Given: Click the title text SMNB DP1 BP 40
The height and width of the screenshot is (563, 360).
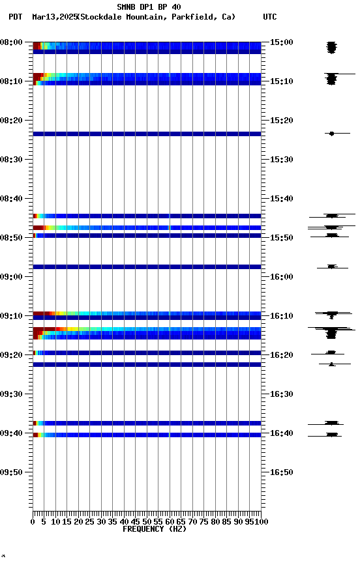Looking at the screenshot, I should click(x=149, y=7).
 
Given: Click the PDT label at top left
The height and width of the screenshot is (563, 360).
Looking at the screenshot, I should click(x=15, y=17).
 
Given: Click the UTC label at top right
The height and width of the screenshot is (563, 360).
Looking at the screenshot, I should click(x=270, y=17).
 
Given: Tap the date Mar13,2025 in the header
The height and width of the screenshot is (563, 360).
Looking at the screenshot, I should click(x=53, y=17).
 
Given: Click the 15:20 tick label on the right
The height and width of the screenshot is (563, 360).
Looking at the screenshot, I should click(x=282, y=121).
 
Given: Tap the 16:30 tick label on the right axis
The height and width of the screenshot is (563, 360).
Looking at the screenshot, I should click(x=282, y=394).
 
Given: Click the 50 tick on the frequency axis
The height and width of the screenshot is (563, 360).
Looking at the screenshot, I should click(x=147, y=521).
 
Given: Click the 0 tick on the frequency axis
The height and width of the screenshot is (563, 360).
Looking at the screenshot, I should click(x=33, y=521).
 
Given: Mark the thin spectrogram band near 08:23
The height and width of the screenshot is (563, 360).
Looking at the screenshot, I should click(x=147, y=134).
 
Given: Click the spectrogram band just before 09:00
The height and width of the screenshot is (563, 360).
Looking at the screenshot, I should click(x=147, y=267).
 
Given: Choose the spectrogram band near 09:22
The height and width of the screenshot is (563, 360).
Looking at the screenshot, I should click(x=147, y=364).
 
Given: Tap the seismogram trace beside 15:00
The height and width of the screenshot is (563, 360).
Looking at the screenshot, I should click(x=331, y=47).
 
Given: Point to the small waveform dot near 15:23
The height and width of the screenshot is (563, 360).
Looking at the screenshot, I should click(x=331, y=134).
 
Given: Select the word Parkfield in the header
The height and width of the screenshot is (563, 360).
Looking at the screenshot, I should click(x=194, y=17).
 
